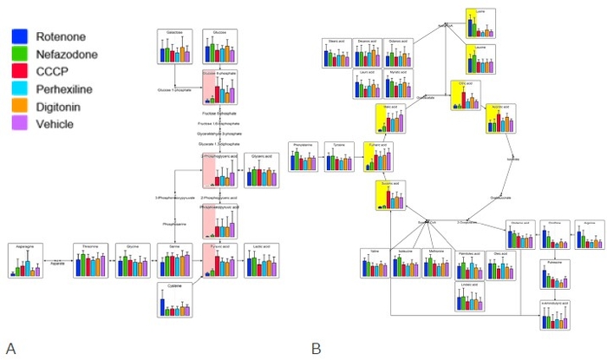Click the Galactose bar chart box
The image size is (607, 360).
point(173,47)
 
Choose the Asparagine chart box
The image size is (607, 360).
point(25,260)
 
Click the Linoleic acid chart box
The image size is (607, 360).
point(470,296)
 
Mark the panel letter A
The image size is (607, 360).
point(10,348)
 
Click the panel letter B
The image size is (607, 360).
point(317,348)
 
